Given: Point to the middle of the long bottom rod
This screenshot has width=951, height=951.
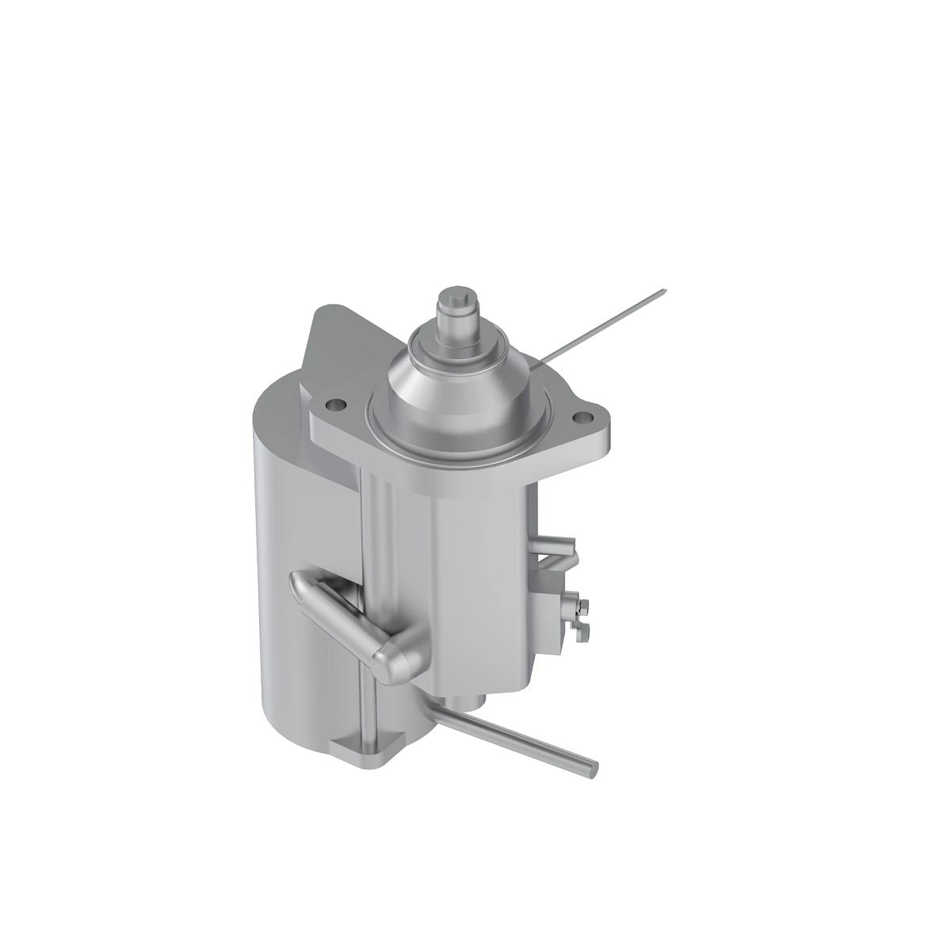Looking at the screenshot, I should (515, 737).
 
